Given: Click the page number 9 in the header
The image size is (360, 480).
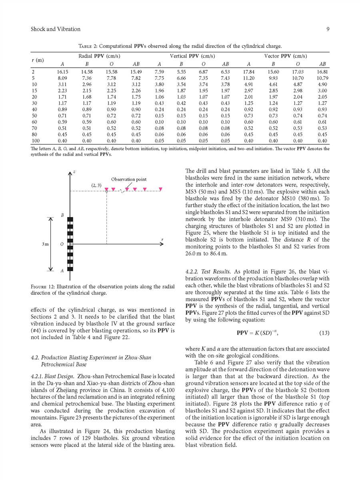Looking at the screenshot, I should [x=327, y=29].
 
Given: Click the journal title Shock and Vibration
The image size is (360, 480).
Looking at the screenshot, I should [x=56, y=29].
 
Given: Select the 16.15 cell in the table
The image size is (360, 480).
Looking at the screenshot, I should [x=62, y=72].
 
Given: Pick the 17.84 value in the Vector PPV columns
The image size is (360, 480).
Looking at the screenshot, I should [x=249, y=72].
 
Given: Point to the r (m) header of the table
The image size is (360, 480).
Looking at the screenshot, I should [x=38, y=60].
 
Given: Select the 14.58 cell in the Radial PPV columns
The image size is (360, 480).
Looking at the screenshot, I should [x=87, y=72].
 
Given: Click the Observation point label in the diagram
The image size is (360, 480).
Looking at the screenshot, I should [x=129, y=180].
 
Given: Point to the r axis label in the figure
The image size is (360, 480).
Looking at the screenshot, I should [x=162, y=240].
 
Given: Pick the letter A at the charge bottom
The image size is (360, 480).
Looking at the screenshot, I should [x=62, y=271].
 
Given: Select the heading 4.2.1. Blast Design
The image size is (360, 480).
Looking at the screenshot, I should [x=53, y=377].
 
